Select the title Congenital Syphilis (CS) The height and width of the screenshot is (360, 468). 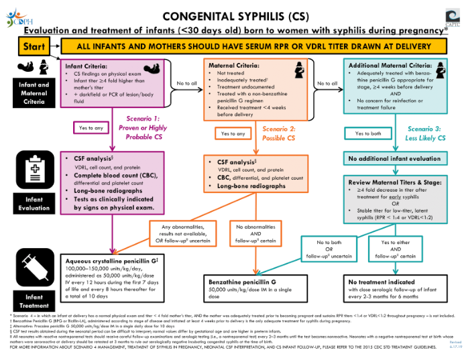click(234, 15)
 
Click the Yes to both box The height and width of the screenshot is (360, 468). click(369, 133)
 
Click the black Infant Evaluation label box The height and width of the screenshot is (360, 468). click(29, 203)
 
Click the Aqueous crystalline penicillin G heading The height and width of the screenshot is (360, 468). click(111, 260)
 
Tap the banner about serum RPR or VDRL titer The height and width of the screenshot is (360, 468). click(254, 48)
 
